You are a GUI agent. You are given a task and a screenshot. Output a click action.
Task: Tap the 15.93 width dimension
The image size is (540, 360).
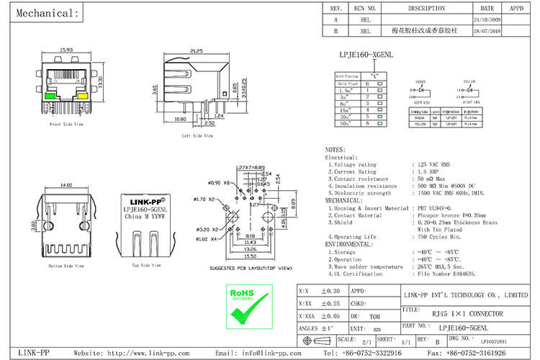pyautogui.click(x=66, y=50)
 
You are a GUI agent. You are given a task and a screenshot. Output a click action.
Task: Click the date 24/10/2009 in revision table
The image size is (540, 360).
pyautogui.click(x=486, y=20)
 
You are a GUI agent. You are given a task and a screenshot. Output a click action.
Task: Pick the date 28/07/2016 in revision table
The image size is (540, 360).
pyautogui.click(x=486, y=32)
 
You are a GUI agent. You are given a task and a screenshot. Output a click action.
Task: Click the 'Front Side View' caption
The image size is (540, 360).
pyautogui.click(x=66, y=124)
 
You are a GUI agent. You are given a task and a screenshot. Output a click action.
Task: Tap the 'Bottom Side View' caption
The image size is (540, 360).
pyautogui.click(x=66, y=266)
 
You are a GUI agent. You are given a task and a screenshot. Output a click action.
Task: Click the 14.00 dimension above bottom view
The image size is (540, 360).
pyautogui.click(x=66, y=186)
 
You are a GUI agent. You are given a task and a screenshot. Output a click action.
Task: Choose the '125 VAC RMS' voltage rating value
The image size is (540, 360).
pyautogui.click(x=436, y=165)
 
